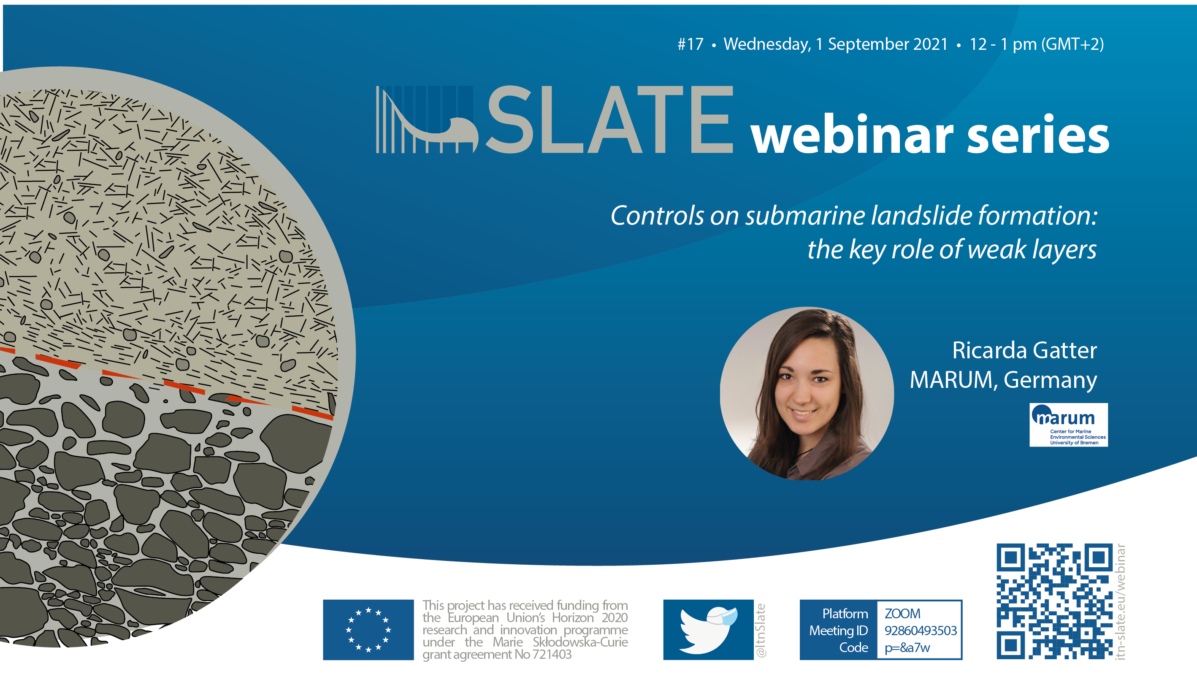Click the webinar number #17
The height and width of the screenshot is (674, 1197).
click(x=690, y=44)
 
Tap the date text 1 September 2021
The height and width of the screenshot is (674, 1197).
click(x=881, y=44)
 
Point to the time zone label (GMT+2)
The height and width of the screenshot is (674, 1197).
click(x=1072, y=44)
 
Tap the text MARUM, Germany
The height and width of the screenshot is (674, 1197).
click(x=1003, y=380)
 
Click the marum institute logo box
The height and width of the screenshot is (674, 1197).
click(x=1068, y=425)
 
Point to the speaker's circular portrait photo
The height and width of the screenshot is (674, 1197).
click(x=807, y=393)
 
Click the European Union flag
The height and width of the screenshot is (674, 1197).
click(x=368, y=629)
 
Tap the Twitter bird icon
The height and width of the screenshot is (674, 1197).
click(x=708, y=629)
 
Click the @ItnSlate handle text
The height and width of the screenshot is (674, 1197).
click(x=761, y=630)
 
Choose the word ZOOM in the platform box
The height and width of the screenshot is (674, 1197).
click(x=902, y=614)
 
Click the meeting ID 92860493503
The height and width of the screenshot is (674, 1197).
click(x=921, y=631)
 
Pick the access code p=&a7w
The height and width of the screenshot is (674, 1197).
click(x=907, y=647)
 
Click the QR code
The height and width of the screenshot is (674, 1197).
click(x=1054, y=601)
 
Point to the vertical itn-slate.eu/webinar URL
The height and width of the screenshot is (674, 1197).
click(x=1120, y=601)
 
